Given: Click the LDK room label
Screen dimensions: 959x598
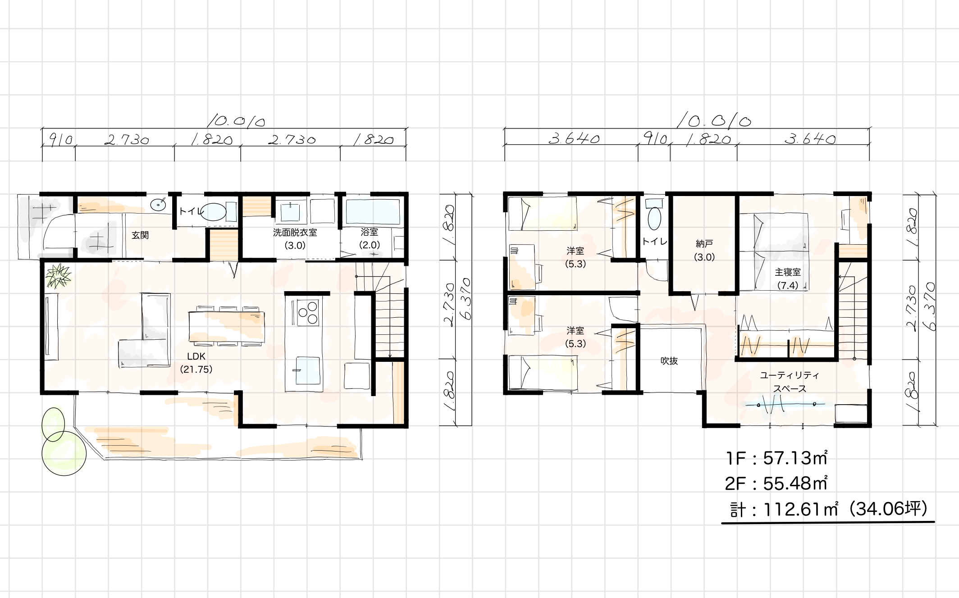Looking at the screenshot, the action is (196, 356).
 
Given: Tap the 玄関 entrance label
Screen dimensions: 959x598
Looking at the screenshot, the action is (140, 235).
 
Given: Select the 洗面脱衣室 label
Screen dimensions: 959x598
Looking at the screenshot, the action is (295, 233).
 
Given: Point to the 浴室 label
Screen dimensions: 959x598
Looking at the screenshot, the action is (370, 232).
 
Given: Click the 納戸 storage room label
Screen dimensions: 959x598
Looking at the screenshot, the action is (704, 244).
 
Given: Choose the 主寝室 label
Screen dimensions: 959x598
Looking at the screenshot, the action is (788, 272).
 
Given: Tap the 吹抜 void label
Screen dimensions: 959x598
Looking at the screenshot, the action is (669, 361).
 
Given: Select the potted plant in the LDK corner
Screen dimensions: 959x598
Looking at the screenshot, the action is (58, 275).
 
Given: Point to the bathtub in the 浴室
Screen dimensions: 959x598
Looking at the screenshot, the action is (373, 211).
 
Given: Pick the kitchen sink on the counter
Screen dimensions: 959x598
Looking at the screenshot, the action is (308, 370).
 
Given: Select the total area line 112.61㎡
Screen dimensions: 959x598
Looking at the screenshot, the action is (829, 509).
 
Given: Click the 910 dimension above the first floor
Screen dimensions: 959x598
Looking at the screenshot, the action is (61, 140).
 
